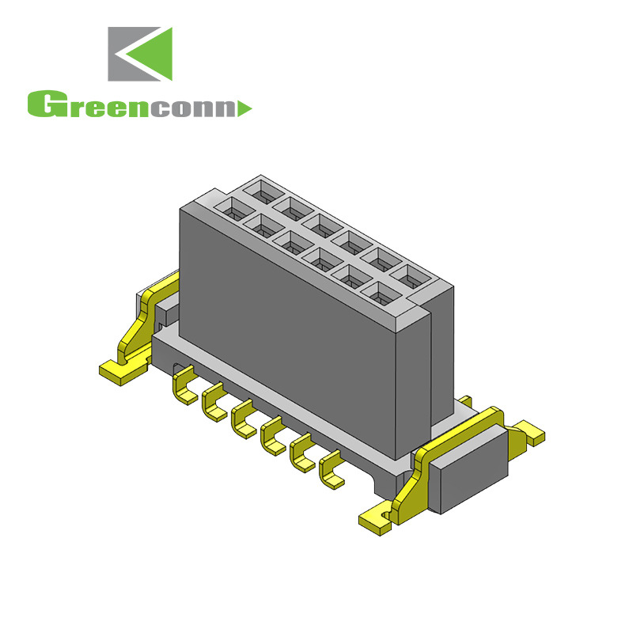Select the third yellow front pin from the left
(244, 419)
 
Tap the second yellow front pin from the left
(214, 404)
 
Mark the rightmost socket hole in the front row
(381, 294)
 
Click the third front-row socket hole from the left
(290, 243)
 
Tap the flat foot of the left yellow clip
(118, 371)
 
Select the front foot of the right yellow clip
(377, 519)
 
